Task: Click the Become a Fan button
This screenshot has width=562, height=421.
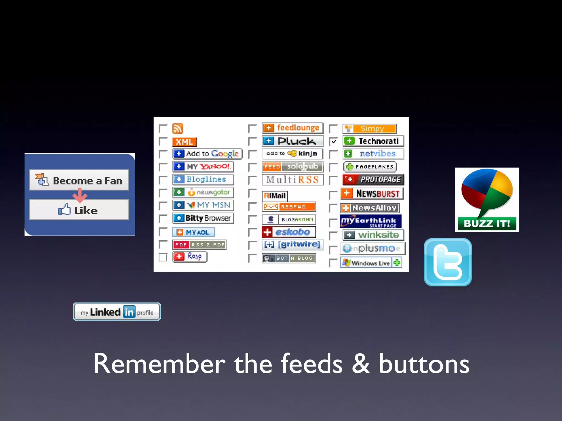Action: pos(79,180)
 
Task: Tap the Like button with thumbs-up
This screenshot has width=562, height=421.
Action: pos(79,210)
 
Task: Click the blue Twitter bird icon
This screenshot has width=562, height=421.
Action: pos(448,262)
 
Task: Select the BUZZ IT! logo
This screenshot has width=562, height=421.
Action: pos(487,200)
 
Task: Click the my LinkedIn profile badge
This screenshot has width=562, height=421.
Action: pos(117,312)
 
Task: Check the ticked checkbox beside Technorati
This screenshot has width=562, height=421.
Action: pos(333,142)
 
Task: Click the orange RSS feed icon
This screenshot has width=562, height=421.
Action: pos(178,129)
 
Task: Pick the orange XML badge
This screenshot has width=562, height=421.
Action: pos(184,142)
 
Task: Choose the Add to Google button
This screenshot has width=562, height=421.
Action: pos(207,153)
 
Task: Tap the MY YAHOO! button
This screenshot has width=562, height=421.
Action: pos(203,166)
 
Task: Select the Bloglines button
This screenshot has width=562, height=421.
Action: pos(203,179)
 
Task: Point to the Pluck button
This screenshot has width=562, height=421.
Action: pos(293,141)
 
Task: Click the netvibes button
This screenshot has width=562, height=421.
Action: pos(373,154)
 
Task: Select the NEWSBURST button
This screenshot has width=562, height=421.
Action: pos(372,194)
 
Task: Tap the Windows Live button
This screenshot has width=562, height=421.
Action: pos(371,263)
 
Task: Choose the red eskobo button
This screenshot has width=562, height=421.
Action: pos(289,232)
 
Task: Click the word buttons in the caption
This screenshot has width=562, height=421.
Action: pos(424,364)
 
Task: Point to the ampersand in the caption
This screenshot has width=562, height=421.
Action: pos(361,364)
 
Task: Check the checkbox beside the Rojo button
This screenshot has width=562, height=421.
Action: pos(163,257)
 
